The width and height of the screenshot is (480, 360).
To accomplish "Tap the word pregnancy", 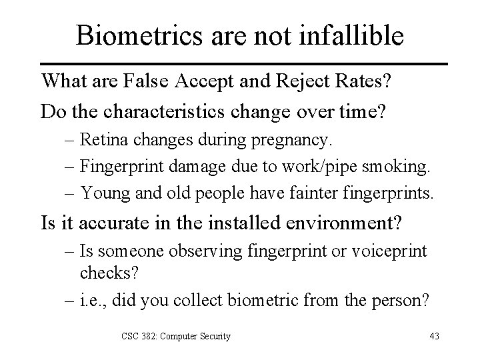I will pos(297,141).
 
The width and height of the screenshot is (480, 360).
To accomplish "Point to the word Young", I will pos(101,193).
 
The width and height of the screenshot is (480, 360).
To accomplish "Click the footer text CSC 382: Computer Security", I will pos(175,335).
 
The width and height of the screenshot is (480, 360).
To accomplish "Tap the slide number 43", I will pos(435,335).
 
